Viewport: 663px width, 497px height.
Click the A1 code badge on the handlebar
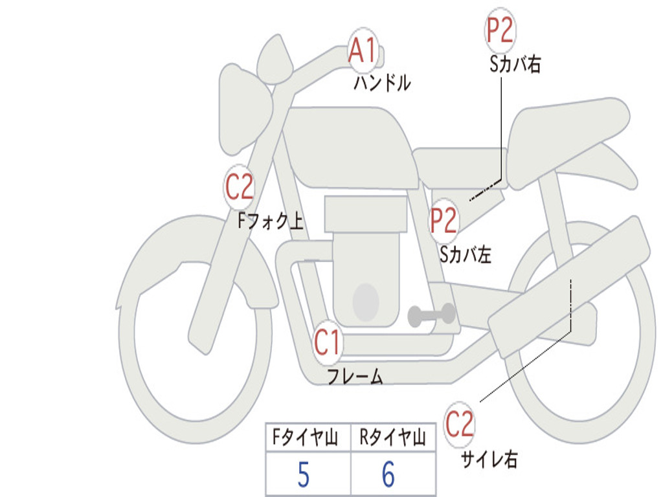tap(363, 50)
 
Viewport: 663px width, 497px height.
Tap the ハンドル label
tap(382, 82)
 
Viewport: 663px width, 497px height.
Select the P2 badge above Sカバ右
tap(500, 30)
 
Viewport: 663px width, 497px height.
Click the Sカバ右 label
tap(515, 64)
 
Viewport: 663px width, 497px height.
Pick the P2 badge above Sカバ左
tap(444, 220)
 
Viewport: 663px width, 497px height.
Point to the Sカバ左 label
tap(466, 254)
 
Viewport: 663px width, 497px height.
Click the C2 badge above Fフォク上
tap(239, 187)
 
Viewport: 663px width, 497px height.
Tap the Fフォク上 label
tap(271, 221)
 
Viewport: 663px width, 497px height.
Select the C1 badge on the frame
tap(328, 342)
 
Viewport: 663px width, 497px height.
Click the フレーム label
tap(355, 376)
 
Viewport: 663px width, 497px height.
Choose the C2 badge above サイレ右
tap(459, 424)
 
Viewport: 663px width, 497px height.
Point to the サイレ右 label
tap(489, 459)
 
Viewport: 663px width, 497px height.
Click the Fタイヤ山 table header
tap(305, 437)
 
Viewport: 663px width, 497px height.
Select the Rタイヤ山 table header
tap(392, 437)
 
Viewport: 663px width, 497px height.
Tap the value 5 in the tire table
tap(304, 474)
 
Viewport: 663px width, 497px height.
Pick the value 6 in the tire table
tap(388, 474)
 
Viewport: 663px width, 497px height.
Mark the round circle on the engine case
tap(366, 302)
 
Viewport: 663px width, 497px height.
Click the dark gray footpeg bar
tap(431, 315)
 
